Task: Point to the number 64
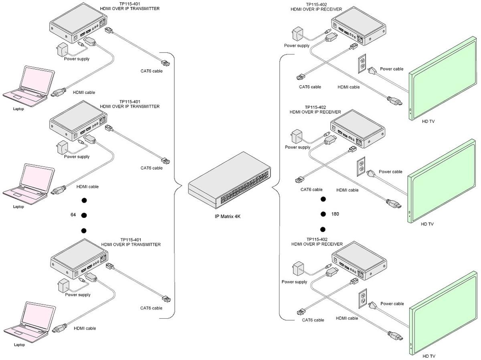click(73, 215)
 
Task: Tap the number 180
click(335, 214)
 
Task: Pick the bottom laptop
click(29, 320)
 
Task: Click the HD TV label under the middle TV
click(428, 224)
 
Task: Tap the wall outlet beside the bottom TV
click(363, 297)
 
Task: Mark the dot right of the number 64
click(84, 215)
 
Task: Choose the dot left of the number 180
click(323, 214)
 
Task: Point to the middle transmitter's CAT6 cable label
click(152, 168)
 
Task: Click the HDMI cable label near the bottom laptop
click(85, 328)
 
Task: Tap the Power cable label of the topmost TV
click(392, 69)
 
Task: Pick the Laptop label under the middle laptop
click(18, 207)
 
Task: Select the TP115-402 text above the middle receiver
click(315, 107)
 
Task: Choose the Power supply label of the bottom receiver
click(294, 282)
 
